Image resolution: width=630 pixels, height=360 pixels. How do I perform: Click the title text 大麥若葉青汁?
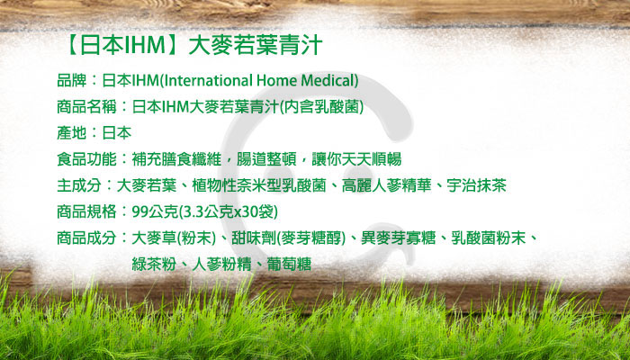click(255, 46)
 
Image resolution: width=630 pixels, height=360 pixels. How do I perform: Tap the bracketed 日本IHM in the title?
click(122, 46)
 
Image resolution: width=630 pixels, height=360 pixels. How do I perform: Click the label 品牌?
click(72, 81)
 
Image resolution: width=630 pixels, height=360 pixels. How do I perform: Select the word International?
click(209, 81)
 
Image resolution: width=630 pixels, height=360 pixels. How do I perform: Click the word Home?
click(276, 81)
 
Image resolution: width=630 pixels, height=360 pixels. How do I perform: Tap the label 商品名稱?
click(86, 107)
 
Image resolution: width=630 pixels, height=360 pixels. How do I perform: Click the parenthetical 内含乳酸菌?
click(321, 107)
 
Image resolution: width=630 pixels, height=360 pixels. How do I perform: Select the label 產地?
click(72, 133)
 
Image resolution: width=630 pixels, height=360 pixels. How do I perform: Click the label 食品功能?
click(86, 159)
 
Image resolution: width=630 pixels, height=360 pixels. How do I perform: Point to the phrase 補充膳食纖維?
click(176, 159)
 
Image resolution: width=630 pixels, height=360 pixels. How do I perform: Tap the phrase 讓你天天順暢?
click(356, 159)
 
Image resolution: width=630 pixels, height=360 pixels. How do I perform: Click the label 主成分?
click(79, 185)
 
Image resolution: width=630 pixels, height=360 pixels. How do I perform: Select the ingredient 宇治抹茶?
click(476, 185)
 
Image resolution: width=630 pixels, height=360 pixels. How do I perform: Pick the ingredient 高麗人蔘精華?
click(386, 185)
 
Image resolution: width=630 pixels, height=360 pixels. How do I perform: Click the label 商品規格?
click(86, 211)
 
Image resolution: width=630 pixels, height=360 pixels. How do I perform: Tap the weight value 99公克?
click(155, 211)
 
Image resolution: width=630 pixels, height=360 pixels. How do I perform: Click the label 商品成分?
click(86, 238)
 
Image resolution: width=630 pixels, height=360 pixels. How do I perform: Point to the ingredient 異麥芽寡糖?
click(398, 238)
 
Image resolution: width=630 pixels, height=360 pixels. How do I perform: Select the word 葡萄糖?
click(289, 265)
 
